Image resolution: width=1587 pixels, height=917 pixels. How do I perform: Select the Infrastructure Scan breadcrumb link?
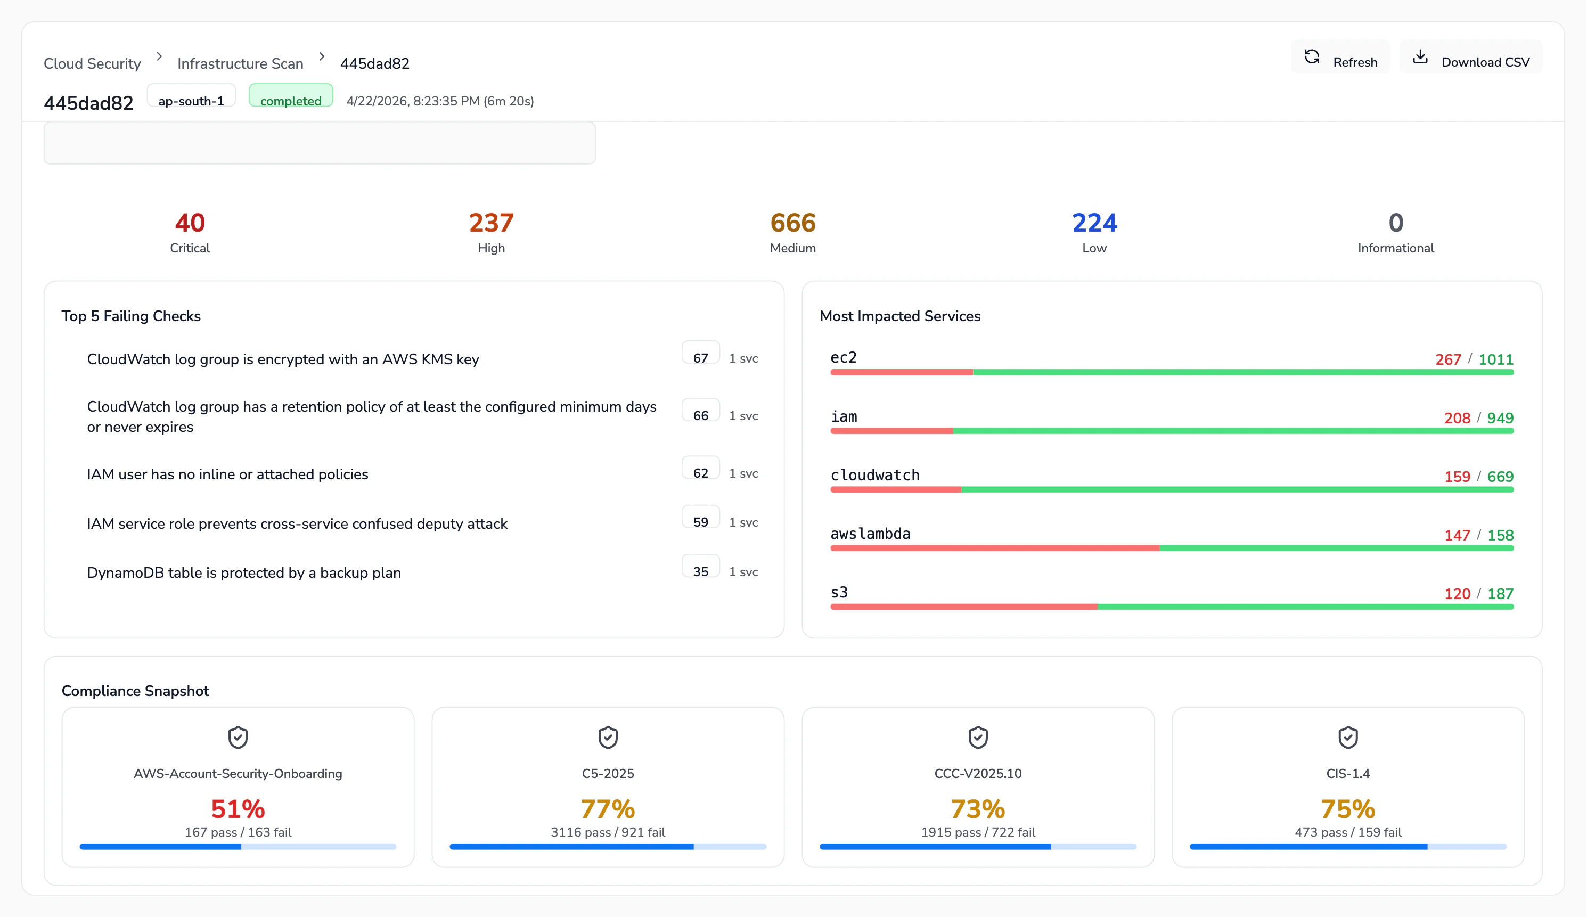(x=240, y=63)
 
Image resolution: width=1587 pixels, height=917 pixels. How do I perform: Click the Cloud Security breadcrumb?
(x=92, y=63)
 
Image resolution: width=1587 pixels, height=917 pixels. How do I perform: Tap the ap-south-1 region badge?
(x=191, y=100)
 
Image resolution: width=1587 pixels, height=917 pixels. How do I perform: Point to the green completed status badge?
(x=290, y=100)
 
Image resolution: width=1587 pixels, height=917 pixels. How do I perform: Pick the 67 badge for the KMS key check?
(x=700, y=357)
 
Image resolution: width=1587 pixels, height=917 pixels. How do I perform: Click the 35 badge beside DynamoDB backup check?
(x=700, y=571)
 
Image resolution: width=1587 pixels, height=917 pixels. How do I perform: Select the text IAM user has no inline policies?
(x=227, y=474)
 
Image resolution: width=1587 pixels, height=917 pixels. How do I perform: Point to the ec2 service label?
(x=843, y=358)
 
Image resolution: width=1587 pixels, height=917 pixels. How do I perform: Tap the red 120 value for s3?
(x=1457, y=593)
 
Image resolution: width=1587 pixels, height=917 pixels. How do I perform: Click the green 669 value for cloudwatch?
(x=1500, y=477)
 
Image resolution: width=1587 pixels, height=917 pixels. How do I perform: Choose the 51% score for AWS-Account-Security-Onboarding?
(x=238, y=809)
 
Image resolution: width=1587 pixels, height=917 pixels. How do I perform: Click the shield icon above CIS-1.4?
(x=1348, y=737)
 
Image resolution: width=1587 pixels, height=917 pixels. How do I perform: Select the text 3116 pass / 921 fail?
(x=608, y=832)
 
